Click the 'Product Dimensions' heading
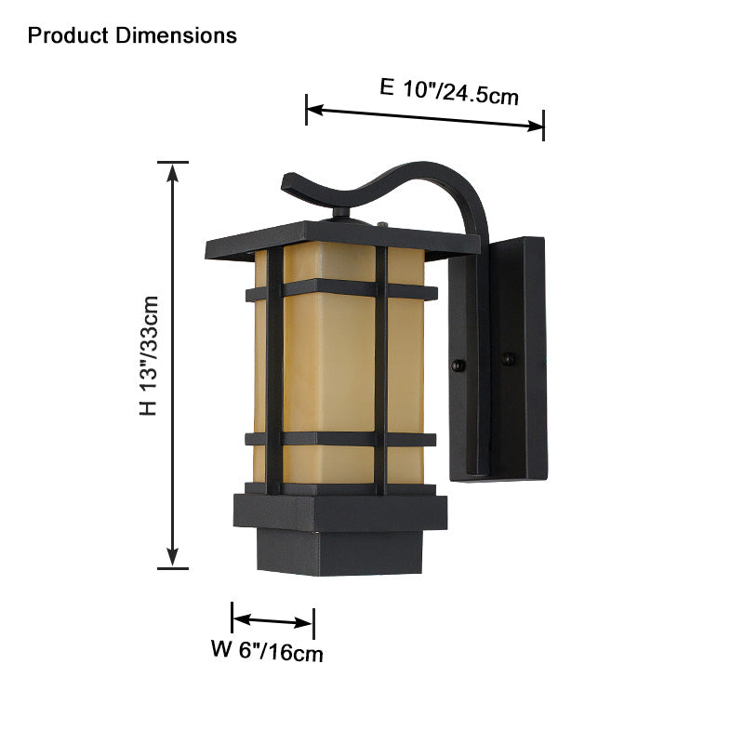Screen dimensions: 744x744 (132, 36)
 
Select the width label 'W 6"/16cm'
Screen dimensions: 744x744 (267, 651)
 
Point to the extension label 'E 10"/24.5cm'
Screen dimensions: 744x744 (448, 90)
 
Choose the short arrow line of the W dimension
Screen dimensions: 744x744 (272, 620)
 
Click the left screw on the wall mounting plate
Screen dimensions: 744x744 (457, 365)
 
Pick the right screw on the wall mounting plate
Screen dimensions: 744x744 (508, 357)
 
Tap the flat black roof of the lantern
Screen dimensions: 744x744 (341, 239)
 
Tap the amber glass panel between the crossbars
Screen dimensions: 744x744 (329, 363)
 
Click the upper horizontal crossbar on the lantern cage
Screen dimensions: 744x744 (340, 291)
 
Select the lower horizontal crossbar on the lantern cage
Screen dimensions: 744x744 (340, 438)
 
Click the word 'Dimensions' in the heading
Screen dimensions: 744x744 (177, 36)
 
